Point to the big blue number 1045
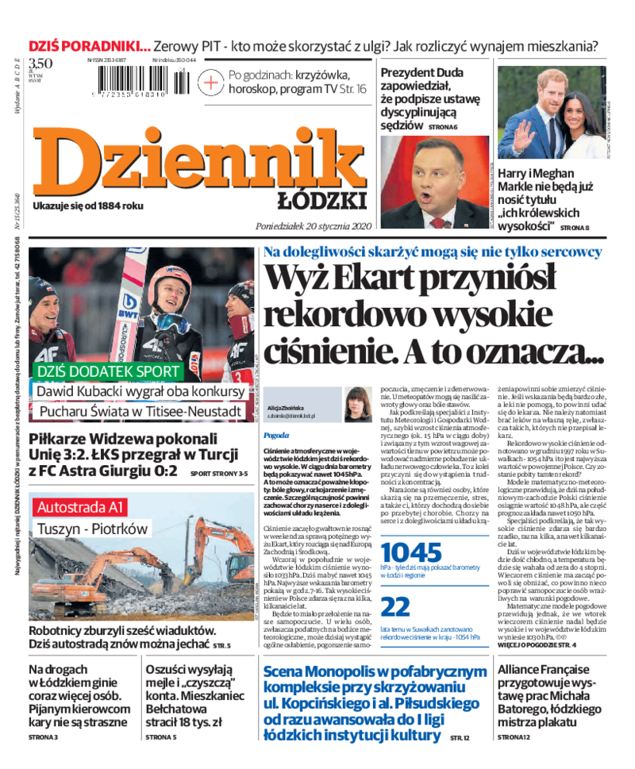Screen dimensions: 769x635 tap(410, 552)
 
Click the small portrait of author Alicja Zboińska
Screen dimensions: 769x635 tap(358, 404)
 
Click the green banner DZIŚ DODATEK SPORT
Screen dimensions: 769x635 tap(107, 371)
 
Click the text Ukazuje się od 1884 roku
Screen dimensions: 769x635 tap(88, 206)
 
